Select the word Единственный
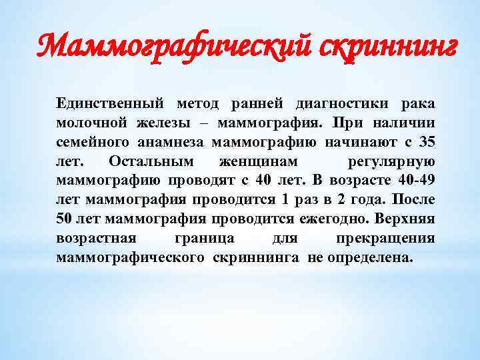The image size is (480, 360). point(109,104)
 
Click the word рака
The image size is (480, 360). point(418,104)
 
